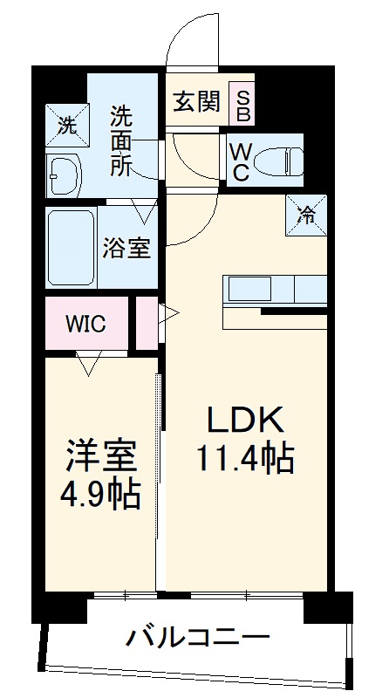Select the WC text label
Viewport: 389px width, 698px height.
241,160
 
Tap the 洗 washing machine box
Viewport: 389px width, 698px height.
67,124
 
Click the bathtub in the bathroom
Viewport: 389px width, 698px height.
71,248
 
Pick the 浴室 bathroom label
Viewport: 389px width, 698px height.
127,249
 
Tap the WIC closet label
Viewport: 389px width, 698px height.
86,324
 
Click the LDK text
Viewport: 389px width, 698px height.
245,421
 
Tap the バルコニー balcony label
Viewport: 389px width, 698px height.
197,638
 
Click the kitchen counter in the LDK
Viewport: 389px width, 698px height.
276,289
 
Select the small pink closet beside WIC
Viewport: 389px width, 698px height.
147,323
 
